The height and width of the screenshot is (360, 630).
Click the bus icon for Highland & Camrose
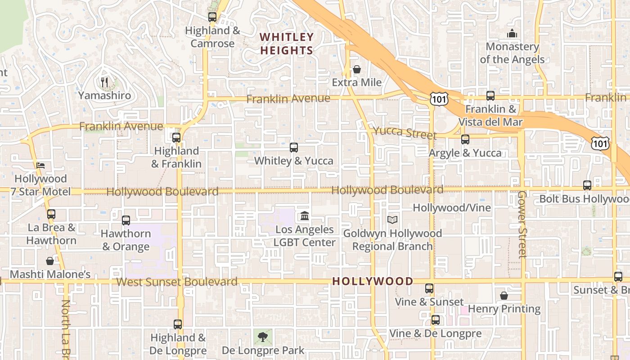[212, 17]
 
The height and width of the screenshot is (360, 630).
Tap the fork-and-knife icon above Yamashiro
[104, 82]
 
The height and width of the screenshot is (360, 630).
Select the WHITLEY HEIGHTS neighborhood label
[287, 44]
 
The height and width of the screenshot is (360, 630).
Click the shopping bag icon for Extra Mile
[356, 69]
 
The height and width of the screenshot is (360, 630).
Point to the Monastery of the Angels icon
[512, 33]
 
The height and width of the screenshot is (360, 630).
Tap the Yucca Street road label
[405, 133]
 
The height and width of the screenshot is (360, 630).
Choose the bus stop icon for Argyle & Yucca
[465, 139]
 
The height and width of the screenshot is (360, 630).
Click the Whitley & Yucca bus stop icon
[293, 147]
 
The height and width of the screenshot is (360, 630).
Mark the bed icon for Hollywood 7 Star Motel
[40, 165]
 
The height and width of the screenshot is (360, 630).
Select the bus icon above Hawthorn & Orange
[126, 220]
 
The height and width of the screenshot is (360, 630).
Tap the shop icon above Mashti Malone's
[50, 261]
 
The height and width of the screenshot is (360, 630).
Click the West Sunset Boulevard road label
[177, 282]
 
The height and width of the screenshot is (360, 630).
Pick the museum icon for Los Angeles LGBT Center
[305, 216]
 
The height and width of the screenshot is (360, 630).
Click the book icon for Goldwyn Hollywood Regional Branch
[392, 220]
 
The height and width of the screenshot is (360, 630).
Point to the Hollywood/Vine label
[452, 208]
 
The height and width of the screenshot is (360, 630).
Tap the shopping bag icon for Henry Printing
[504, 296]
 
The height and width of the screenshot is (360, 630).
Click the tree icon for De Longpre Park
[263, 336]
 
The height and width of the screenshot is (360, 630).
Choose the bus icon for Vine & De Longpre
[435, 320]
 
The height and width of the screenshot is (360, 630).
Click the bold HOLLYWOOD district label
[373, 282]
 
